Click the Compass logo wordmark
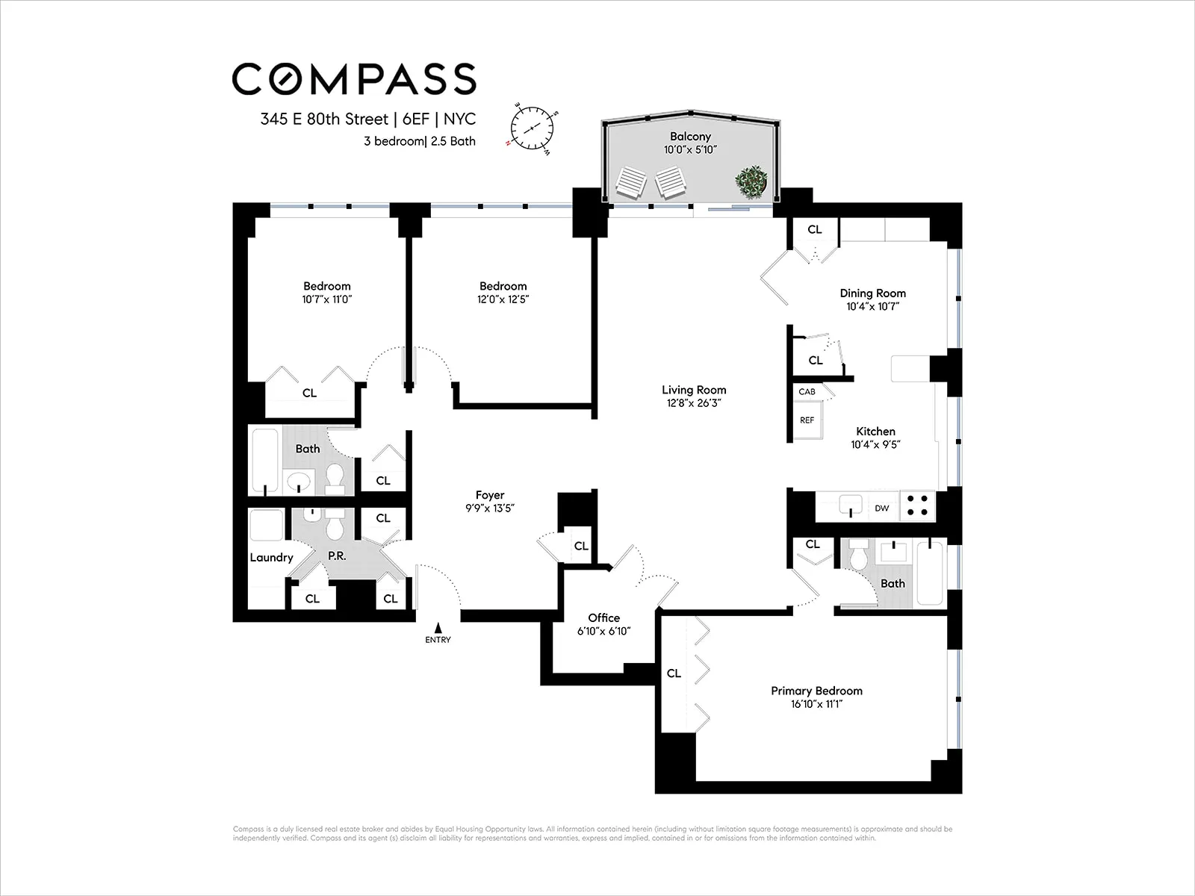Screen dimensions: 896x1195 click(353, 79)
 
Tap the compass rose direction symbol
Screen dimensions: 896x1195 click(533, 128)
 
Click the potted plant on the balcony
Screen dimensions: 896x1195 click(750, 182)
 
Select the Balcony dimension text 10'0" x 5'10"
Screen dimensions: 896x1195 click(689, 150)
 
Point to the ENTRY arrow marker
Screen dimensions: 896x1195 click(438, 629)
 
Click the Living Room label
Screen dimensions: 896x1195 click(693, 390)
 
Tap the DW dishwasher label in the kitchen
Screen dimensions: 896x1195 click(882, 508)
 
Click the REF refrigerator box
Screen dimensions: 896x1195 click(807, 421)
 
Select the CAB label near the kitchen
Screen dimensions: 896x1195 click(807, 392)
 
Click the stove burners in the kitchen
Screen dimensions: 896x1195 click(918, 505)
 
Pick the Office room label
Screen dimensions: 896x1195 click(603, 617)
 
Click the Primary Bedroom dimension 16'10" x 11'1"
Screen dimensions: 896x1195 click(816, 704)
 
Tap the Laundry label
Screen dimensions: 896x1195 click(271, 557)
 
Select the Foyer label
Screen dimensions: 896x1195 click(490, 495)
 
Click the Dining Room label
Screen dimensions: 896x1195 click(872, 293)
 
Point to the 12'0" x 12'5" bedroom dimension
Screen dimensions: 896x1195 click(503, 299)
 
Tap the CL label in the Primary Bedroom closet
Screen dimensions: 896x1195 click(674, 673)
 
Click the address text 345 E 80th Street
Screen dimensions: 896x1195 click(324, 119)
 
